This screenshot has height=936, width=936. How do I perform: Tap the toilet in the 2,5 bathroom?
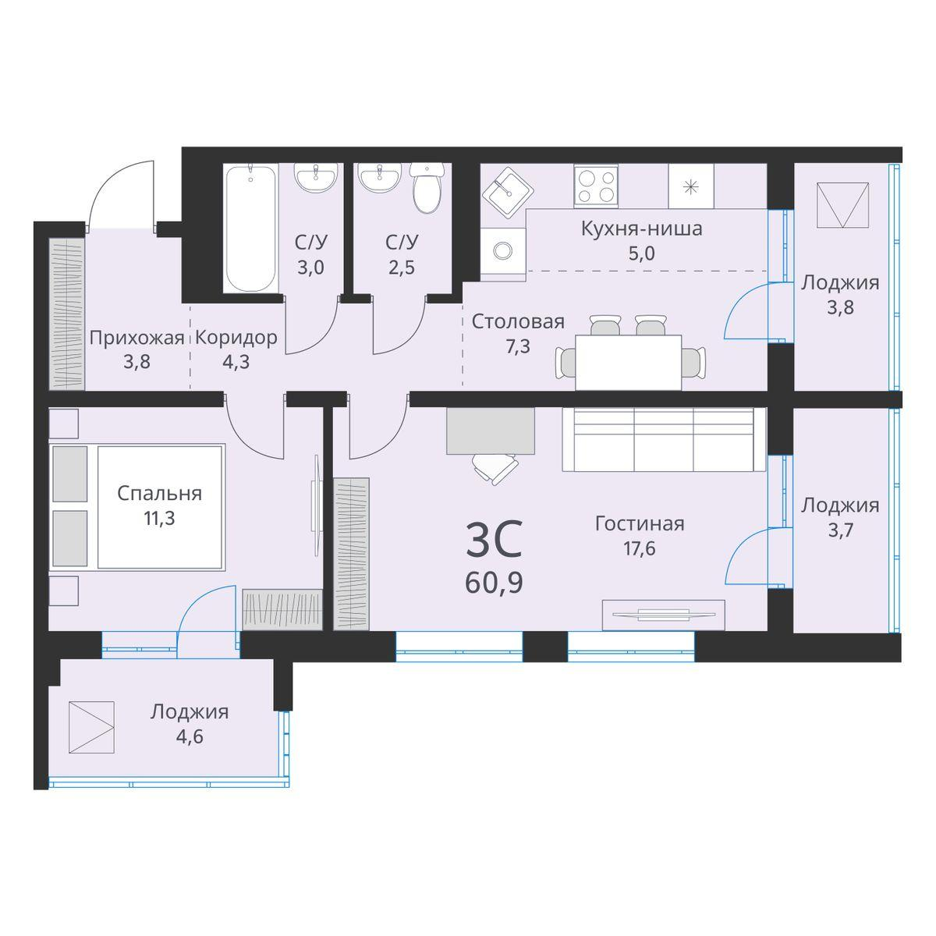[427, 189]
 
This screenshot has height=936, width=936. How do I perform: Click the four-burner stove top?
[597, 186]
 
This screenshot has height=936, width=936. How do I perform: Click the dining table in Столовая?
[628, 362]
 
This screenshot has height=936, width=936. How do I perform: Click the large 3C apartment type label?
[493, 541]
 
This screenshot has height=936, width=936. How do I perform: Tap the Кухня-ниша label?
[641, 229]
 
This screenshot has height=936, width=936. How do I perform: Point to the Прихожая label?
[136, 338]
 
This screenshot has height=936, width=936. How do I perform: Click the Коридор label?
[236, 338]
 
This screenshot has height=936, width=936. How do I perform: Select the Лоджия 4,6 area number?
[189, 736]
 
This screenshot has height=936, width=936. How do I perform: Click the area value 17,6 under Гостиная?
[639, 548]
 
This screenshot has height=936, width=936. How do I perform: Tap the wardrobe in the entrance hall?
[66, 314]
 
